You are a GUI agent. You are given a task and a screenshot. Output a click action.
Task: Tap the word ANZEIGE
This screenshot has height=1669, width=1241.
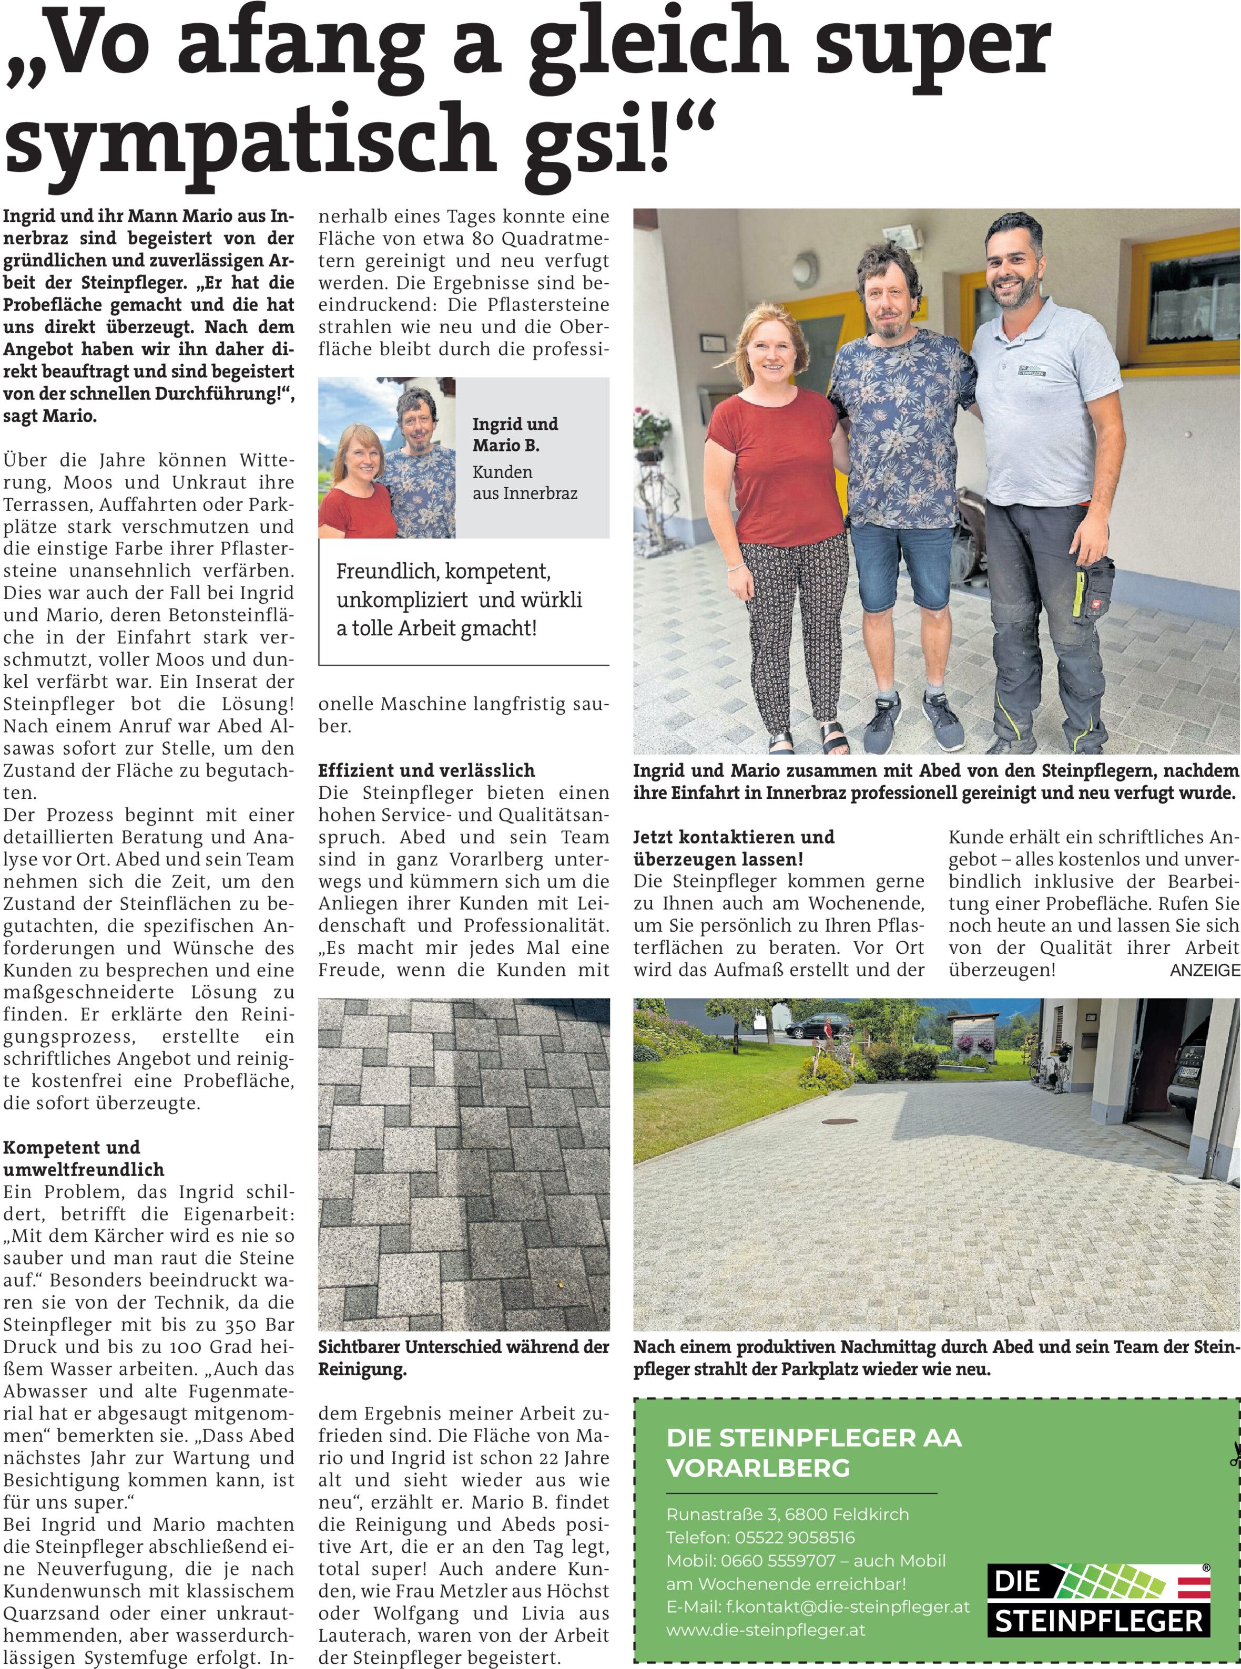(1204, 970)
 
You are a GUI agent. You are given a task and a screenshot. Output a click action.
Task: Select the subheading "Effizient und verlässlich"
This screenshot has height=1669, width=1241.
(426, 770)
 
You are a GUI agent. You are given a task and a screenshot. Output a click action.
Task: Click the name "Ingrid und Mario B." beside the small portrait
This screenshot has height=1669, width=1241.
(515, 435)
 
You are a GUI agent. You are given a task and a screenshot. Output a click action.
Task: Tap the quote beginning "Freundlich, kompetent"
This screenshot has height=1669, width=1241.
(458, 600)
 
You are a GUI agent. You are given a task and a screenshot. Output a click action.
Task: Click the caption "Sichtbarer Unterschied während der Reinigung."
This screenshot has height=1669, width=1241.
(463, 1357)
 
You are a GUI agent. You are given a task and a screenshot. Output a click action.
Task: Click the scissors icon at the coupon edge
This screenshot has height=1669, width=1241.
(1234, 1454)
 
